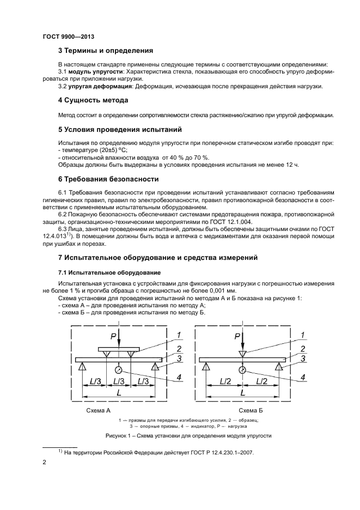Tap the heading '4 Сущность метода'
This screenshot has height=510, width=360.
click(93, 100)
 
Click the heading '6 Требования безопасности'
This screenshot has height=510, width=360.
click(108, 179)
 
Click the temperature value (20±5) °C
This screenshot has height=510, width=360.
click(118, 150)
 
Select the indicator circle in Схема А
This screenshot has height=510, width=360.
click(118, 370)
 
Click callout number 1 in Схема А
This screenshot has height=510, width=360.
click(178, 335)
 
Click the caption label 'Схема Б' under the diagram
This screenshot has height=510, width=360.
click(251, 410)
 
